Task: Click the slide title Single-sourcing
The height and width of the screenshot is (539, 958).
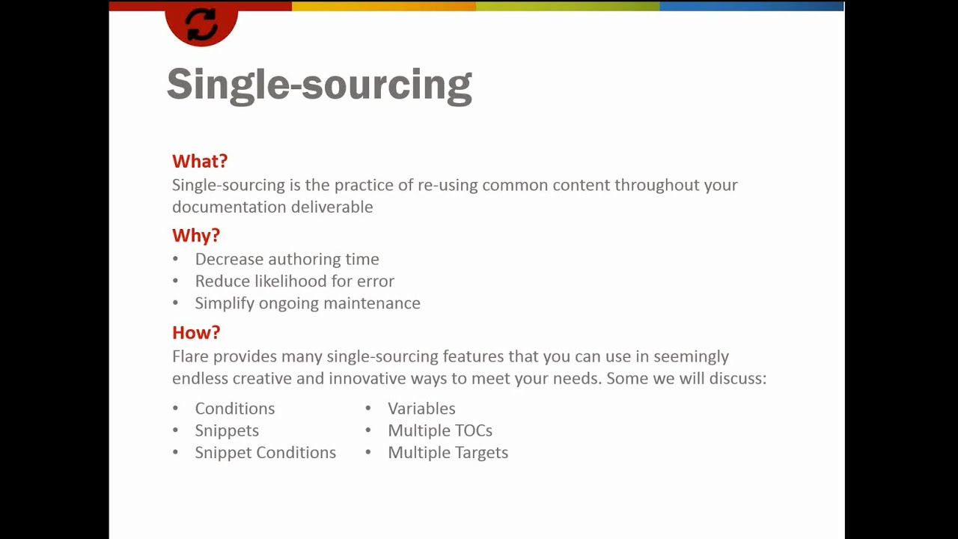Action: pyautogui.click(x=319, y=84)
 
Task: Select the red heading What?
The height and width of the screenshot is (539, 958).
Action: pyautogui.click(x=200, y=161)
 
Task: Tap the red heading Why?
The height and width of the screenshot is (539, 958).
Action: pyautogui.click(x=196, y=235)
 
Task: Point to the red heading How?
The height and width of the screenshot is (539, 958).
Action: pyautogui.click(x=196, y=332)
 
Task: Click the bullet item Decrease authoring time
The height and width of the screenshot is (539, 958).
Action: pyautogui.click(x=287, y=259)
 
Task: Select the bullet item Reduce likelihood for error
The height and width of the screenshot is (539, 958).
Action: pyautogui.click(x=294, y=281)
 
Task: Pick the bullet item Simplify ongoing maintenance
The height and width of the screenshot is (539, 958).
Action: pyautogui.click(x=308, y=303)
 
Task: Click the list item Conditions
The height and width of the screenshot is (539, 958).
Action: pyautogui.click(x=235, y=409)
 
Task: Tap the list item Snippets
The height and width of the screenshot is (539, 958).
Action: pyautogui.click(x=227, y=430)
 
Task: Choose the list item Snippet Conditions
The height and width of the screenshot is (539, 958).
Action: pyautogui.click(x=265, y=453)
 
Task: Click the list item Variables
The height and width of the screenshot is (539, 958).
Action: pyautogui.click(x=421, y=409)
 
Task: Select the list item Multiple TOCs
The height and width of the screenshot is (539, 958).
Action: pyautogui.click(x=440, y=430)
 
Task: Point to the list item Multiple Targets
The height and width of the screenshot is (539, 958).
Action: pyautogui.click(x=448, y=453)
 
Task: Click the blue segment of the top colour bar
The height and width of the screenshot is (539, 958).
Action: pyautogui.click(x=751, y=6)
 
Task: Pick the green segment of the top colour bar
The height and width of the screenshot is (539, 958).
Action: pyautogui.click(x=567, y=6)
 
